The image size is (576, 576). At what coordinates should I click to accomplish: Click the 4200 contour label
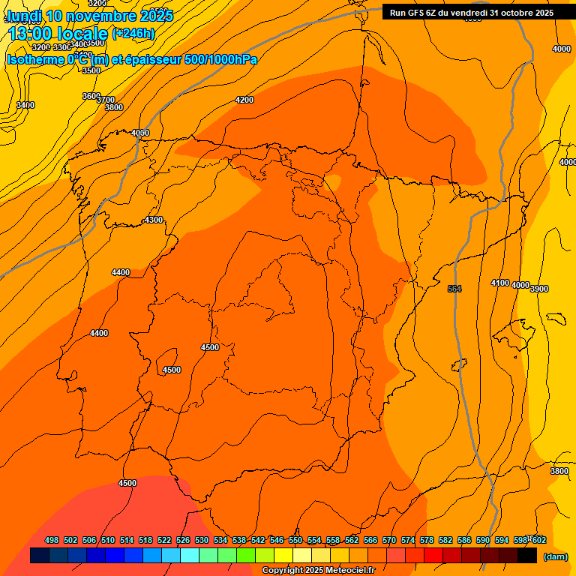point(244,100)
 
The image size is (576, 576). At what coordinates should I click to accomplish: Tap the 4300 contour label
point(153,220)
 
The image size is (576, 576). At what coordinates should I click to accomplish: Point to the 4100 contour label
point(499,283)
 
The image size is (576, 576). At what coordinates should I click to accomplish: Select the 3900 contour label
point(539,288)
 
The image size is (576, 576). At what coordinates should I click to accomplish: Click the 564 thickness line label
point(454,289)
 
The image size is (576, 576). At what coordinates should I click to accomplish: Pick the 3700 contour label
point(106,100)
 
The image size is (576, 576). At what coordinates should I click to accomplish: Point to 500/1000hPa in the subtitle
point(220,59)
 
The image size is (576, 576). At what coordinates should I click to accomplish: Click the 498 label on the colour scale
point(52,540)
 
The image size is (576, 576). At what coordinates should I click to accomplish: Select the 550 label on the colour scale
point(295,540)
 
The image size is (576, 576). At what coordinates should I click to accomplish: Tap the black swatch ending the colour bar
point(527,556)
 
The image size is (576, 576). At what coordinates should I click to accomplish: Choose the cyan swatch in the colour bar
point(190,556)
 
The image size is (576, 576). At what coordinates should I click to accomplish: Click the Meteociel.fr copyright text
point(318,570)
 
